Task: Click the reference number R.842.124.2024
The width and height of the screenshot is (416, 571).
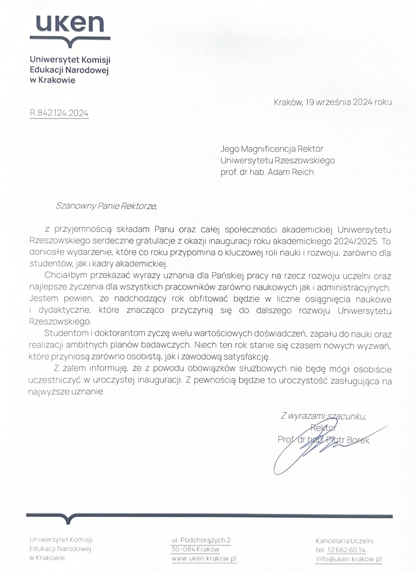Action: click(x=59, y=113)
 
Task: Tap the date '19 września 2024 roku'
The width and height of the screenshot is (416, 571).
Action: click(x=349, y=102)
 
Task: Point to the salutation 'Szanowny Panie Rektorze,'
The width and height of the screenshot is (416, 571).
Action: click(x=106, y=206)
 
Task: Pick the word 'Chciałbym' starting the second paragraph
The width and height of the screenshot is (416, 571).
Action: click(x=66, y=276)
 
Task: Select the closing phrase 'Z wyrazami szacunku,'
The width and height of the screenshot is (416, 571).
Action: click(x=323, y=416)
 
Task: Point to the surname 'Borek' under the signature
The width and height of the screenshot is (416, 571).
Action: click(x=358, y=440)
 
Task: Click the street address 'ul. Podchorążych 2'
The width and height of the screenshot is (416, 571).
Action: click(x=201, y=540)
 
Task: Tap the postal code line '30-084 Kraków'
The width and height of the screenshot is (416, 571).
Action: click(x=195, y=549)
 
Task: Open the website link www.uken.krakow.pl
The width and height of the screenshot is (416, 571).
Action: click(x=204, y=558)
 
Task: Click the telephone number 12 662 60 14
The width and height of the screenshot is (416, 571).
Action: click(x=346, y=550)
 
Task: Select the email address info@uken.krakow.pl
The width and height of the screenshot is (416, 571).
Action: click(x=348, y=559)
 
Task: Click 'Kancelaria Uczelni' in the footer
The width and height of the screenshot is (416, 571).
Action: click(x=344, y=541)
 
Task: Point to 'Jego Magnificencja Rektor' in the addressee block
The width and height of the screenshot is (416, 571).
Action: click(x=272, y=149)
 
